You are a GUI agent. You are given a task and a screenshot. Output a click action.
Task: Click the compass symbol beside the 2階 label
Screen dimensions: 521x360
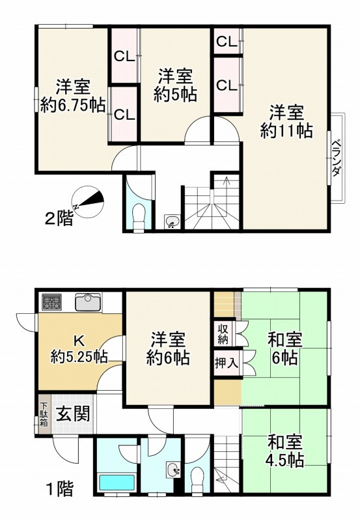click(89, 200)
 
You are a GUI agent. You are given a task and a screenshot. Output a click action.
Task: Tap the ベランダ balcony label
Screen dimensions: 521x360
click(337, 158)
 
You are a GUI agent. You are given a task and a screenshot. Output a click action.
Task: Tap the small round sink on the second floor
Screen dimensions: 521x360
click(171, 222)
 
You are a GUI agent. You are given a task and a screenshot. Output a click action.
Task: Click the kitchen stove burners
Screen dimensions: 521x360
click(52, 302)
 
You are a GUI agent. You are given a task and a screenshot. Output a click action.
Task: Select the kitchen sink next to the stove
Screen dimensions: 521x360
click(87, 302)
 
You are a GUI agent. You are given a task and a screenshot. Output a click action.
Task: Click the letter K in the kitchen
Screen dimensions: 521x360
click(78, 340)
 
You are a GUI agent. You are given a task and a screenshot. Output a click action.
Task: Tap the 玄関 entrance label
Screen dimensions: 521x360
click(72, 414)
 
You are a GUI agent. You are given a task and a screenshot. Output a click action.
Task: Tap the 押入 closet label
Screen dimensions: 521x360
click(226, 363)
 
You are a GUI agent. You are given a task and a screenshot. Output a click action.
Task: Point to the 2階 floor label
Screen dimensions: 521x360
click(59, 219)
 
